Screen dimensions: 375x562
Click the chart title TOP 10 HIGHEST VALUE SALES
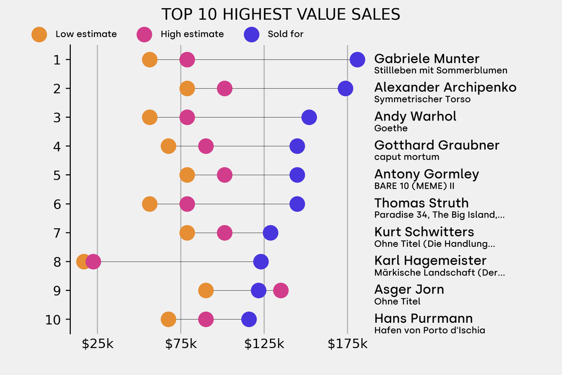click(280, 14)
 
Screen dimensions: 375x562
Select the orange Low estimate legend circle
click(39, 34)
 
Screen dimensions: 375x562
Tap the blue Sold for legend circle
click(251, 34)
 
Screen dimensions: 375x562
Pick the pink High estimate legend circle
click(144, 34)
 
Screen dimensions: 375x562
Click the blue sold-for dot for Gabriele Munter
click(357, 59)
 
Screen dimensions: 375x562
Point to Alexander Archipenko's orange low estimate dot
click(187, 89)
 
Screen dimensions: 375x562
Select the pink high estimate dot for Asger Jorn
click(280, 290)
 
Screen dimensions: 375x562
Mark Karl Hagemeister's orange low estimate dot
click(83, 262)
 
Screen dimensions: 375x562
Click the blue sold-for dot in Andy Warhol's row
click(309, 117)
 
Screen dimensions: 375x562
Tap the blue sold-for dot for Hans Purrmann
click(249, 319)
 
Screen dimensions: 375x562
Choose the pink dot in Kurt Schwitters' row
click(224, 233)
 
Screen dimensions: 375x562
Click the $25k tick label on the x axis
click(97, 344)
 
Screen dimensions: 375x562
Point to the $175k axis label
click(347, 344)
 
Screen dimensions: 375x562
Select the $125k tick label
click(264, 344)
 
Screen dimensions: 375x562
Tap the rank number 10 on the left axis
click(54, 319)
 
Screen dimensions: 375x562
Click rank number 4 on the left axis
click(58, 146)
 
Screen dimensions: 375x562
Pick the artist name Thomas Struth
click(421, 203)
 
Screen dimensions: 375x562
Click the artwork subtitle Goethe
click(391, 129)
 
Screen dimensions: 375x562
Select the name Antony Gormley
click(426, 174)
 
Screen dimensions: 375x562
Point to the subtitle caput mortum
click(407, 157)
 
